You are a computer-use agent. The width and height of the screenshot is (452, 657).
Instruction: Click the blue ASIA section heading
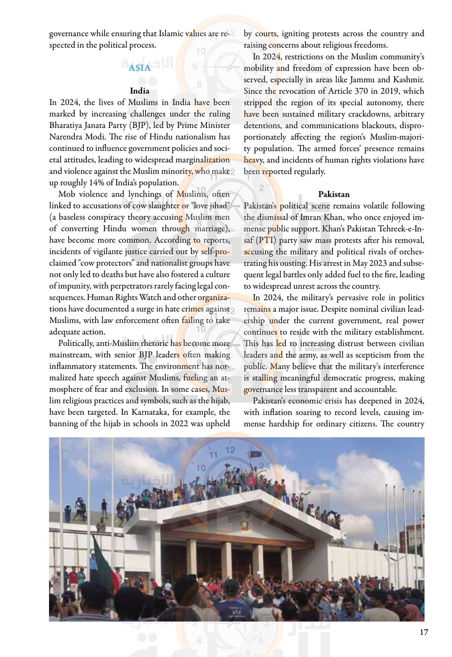pos(139,68)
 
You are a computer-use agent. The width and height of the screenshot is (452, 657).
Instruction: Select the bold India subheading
pos(139,91)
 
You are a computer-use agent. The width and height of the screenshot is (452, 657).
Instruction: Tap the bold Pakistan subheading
pos(334,194)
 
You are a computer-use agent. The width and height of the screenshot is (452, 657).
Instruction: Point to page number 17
pos(424,632)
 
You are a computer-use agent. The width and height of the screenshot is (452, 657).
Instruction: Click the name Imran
pos(307,217)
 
